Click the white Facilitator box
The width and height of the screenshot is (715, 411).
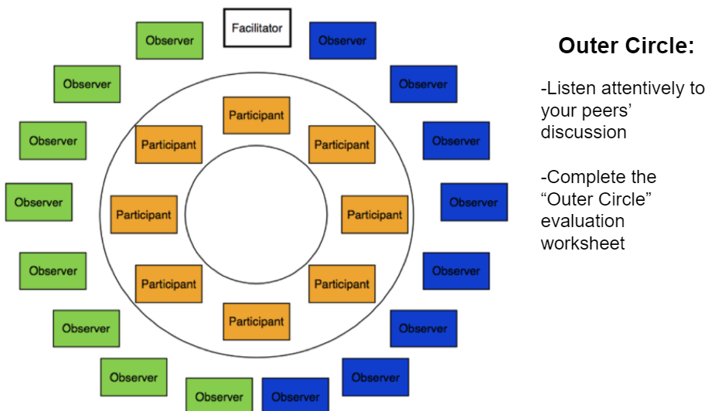(x=257, y=28)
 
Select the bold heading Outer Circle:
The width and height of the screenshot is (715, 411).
(x=626, y=46)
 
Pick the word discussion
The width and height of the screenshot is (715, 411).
(x=583, y=132)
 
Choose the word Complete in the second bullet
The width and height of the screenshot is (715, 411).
(x=604, y=177)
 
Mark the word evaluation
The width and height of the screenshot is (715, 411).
(x=582, y=221)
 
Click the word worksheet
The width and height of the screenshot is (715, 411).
(x=582, y=243)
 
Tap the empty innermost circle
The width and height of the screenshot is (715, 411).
(x=256, y=214)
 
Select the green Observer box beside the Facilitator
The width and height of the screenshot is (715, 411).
(x=169, y=40)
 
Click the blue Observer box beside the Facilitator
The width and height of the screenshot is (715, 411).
(x=342, y=40)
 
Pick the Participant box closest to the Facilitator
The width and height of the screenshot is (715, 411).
(x=257, y=115)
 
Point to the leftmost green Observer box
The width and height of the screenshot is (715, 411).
(x=39, y=202)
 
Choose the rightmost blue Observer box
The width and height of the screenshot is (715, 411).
(x=474, y=202)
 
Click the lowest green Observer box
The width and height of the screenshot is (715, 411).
(x=219, y=396)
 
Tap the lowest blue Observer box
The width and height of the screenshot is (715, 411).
(x=295, y=396)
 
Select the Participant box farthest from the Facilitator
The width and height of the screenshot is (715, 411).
(x=257, y=321)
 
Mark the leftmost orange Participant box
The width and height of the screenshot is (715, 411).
(x=144, y=215)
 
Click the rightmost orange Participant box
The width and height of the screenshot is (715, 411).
(x=374, y=215)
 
